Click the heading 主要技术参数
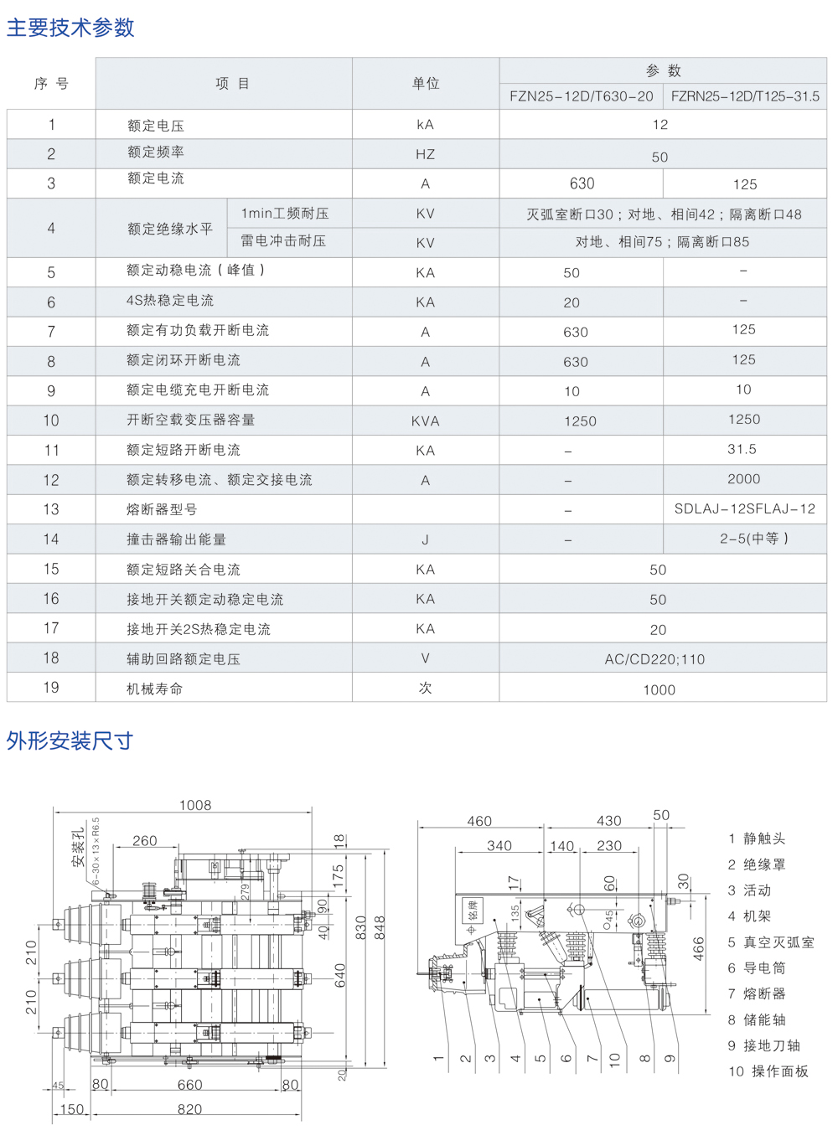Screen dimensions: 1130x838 pyautogui.click(x=70, y=28)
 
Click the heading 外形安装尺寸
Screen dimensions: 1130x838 pyautogui.click(x=70, y=740)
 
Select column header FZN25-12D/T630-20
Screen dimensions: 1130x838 pyautogui.click(x=581, y=96)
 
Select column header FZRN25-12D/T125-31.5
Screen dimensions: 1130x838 pyautogui.click(x=745, y=96)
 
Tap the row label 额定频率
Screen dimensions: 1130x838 pyautogui.click(x=156, y=152)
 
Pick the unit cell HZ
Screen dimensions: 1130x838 pyautogui.click(x=425, y=154)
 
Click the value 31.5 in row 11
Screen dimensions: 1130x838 pyautogui.click(x=742, y=449)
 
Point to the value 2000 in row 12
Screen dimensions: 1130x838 pyautogui.click(x=743, y=479)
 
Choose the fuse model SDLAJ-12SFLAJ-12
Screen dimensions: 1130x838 pyautogui.click(x=744, y=508)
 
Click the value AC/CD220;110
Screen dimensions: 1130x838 pyautogui.click(x=654, y=659)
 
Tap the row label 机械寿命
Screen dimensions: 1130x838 pyautogui.click(x=154, y=689)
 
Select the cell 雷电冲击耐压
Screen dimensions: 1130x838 pyautogui.click(x=283, y=241)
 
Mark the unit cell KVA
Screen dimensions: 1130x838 pyautogui.click(x=425, y=421)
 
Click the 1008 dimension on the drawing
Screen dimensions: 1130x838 pyautogui.click(x=195, y=805)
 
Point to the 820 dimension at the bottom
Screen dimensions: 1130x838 pyautogui.click(x=189, y=1109)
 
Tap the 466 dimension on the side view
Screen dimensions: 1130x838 pyautogui.click(x=698, y=949)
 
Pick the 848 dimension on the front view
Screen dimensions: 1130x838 pyautogui.click(x=380, y=928)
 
